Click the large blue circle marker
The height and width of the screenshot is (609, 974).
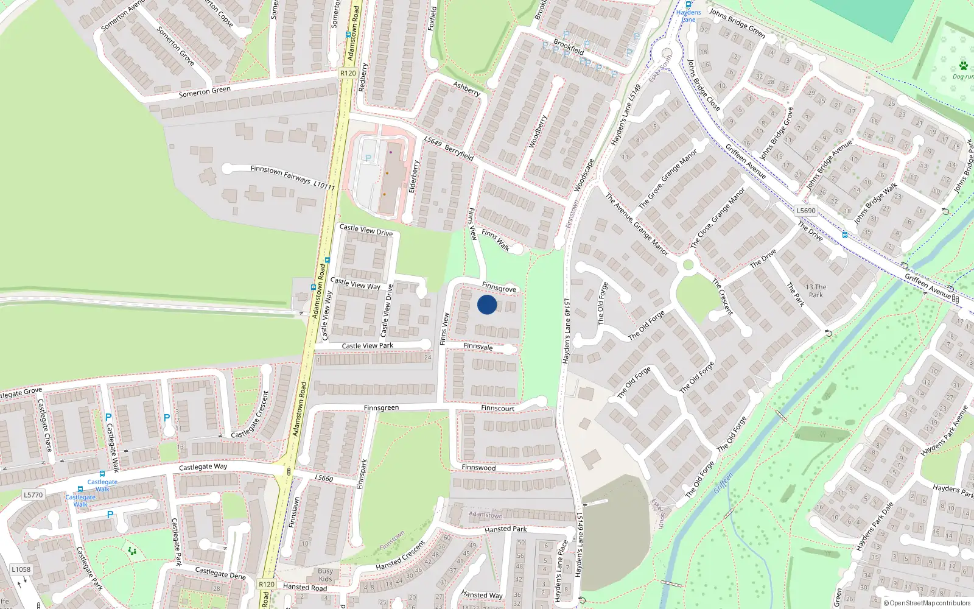486,304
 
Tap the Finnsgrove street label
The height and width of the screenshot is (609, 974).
499,287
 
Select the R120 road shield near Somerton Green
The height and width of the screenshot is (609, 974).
348,73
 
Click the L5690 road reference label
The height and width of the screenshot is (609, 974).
805,211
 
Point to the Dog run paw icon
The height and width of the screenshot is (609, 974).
963,66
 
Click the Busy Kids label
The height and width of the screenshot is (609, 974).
325,575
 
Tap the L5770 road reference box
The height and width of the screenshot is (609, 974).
33,495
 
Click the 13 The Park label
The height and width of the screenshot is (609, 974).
816,290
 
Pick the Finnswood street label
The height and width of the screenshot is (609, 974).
478,468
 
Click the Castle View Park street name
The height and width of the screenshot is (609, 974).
367,346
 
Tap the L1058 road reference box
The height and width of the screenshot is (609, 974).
21,569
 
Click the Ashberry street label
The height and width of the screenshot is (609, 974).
467,89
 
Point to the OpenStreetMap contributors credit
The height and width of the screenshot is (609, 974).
927,604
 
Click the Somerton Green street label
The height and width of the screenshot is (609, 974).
205,92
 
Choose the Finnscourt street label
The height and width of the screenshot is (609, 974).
497,408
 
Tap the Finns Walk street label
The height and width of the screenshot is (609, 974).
496,239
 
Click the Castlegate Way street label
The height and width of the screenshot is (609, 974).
203,467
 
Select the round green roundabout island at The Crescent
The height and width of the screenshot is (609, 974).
688,265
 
